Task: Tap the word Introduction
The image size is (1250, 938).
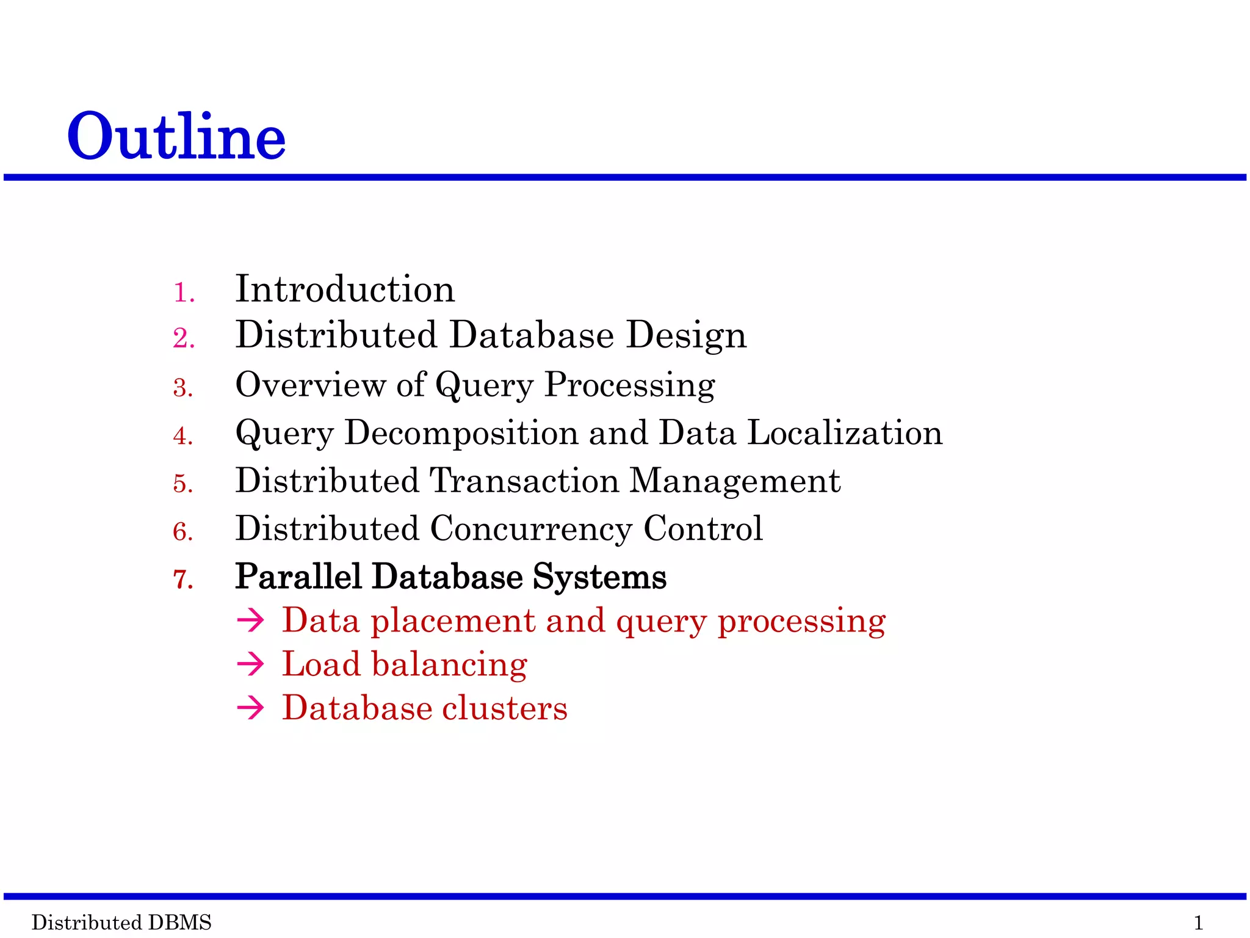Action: (345, 289)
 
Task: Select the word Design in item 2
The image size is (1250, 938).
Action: (686, 335)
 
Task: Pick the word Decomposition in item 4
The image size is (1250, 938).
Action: (461, 434)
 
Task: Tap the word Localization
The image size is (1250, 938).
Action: (845, 433)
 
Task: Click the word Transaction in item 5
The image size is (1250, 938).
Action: (525, 481)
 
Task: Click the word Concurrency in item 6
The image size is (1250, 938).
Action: (531, 529)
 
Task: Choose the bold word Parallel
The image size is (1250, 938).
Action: (298, 576)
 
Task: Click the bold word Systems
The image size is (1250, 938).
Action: (599, 577)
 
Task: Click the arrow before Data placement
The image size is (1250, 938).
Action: (250, 621)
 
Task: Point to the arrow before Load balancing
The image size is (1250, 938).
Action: (250, 664)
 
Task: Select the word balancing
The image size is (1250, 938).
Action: (449, 665)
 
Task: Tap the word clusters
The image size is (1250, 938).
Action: (505, 708)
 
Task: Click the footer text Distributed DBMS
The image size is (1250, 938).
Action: (121, 922)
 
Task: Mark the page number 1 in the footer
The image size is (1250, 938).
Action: (1198, 922)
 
